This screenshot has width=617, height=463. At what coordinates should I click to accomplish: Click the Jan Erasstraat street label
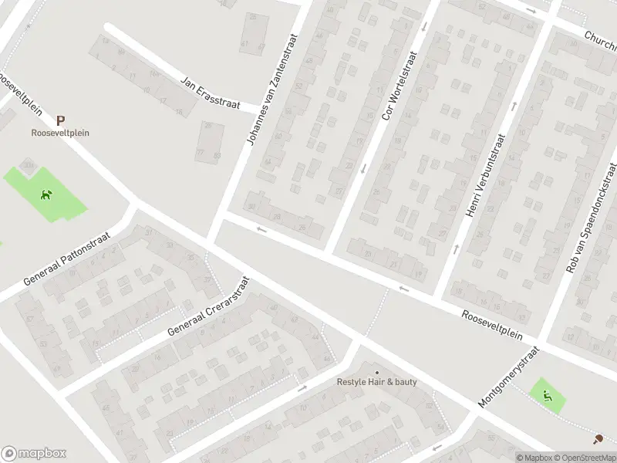tap(211, 93)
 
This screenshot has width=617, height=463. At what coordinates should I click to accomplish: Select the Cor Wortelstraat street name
tap(399, 86)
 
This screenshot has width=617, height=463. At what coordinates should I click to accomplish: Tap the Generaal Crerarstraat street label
tap(210, 307)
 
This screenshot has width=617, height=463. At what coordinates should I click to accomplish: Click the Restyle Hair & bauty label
tap(376, 382)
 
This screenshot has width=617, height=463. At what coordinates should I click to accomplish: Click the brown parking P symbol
tap(60, 120)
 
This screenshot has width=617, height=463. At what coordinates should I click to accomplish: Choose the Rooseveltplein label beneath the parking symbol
tap(60, 133)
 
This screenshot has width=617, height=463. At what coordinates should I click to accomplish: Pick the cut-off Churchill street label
tap(600, 38)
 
